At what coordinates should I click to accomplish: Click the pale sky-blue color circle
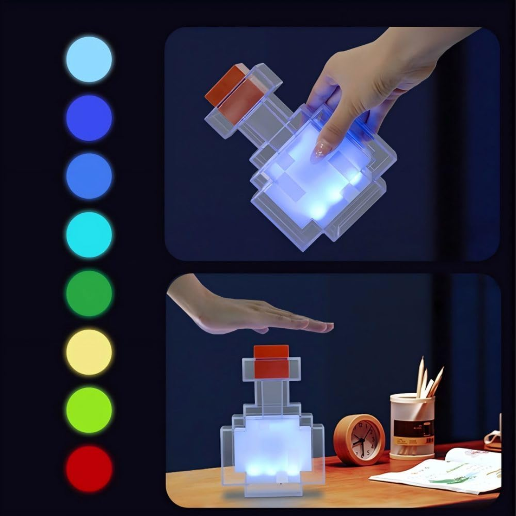pyautogui.click(x=89, y=59)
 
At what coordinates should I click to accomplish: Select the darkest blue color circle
pyautogui.click(x=89, y=118)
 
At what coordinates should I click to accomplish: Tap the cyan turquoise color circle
pyautogui.click(x=89, y=235)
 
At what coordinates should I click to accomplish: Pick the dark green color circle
pyautogui.click(x=89, y=293)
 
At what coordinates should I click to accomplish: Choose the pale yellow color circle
pyautogui.click(x=89, y=352)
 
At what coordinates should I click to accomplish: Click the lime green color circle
pyautogui.click(x=89, y=410)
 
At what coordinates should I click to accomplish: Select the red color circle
pyautogui.click(x=89, y=469)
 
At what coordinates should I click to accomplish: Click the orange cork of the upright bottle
pyautogui.click(x=271, y=362)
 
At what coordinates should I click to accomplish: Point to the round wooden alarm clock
pyautogui.click(x=359, y=440)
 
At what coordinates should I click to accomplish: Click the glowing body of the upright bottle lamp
pyautogui.click(x=272, y=444)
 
